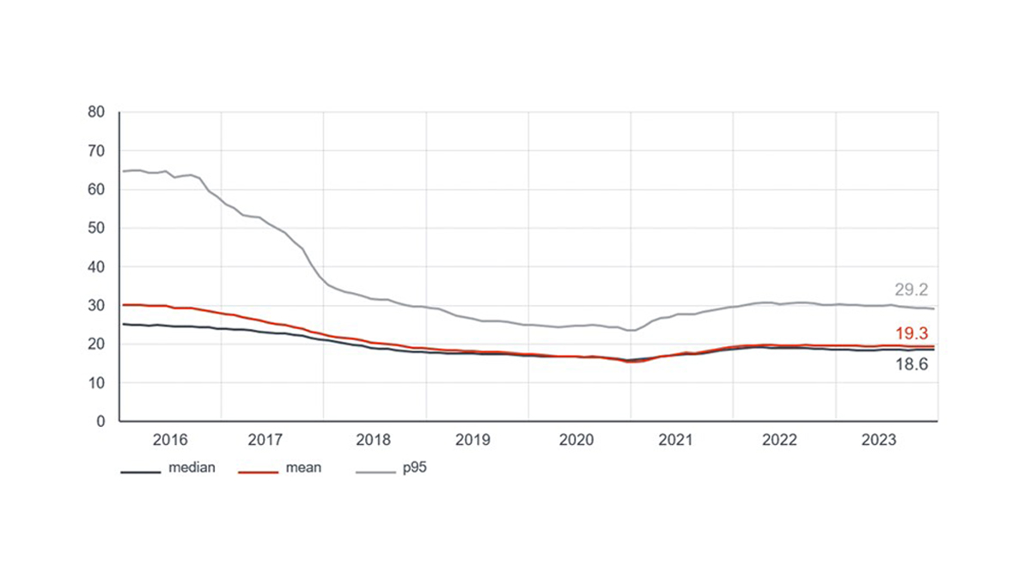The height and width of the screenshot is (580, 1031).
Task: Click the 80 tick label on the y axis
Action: (95, 112)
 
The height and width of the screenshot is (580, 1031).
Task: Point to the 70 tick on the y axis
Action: (95, 150)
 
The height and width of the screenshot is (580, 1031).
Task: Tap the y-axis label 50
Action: (95, 228)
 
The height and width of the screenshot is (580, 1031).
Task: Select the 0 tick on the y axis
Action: (100, 421)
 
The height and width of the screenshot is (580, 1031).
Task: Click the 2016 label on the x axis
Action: (170, 441)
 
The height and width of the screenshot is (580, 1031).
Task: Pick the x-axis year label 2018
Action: (373, 441)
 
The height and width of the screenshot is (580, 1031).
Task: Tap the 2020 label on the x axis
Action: (576, 441)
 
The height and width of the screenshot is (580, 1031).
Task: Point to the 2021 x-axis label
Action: (676, 441)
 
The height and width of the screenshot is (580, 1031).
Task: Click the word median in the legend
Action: (192, 468)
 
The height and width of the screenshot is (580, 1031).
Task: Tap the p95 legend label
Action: (414, 468)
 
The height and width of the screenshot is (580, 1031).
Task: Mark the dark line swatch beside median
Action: (140, 471)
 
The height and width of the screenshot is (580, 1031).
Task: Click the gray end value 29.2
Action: (912, 289)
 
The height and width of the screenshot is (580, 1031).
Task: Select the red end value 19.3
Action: (912, 333)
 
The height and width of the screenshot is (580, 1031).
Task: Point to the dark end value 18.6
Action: (912, 364)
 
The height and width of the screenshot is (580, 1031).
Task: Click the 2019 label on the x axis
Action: (473, 441)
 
